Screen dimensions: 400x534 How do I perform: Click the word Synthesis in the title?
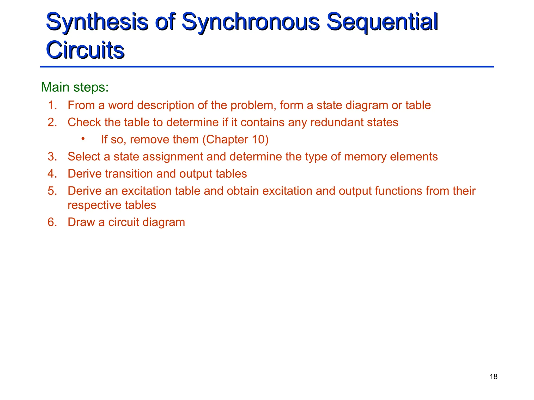(96, 22)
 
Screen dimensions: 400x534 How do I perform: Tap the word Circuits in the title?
(85, 50)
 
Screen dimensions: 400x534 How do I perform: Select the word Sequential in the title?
(382, 22)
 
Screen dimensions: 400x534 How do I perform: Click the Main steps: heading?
(75, 87)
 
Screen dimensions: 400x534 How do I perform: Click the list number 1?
(52, 105)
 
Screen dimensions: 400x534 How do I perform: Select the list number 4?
(52, 174)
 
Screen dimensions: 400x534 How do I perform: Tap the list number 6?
(52, 222)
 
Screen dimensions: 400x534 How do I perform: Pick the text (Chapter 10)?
(235, 140)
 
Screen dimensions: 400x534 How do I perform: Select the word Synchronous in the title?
(250, 22)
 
